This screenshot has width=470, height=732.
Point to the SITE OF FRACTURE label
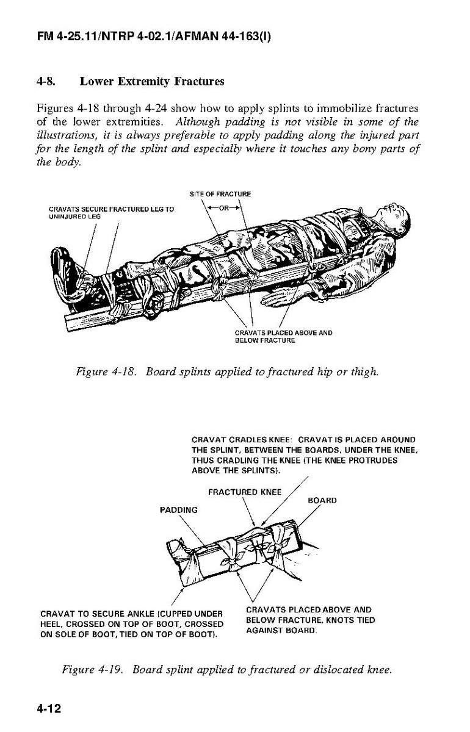click(x=220, y=194)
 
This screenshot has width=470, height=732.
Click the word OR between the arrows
click(x=223, y=207)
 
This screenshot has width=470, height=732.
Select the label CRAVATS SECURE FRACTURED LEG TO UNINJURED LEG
click(x=111, y=213)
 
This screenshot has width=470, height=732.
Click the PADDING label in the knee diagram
click(x=178, y=509)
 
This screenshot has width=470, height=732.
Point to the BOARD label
click(x=322, y=500)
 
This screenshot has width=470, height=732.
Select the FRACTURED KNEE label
click(x=245, y=492)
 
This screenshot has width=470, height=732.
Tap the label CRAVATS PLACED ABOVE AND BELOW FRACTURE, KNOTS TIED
click(x=310, y=619)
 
